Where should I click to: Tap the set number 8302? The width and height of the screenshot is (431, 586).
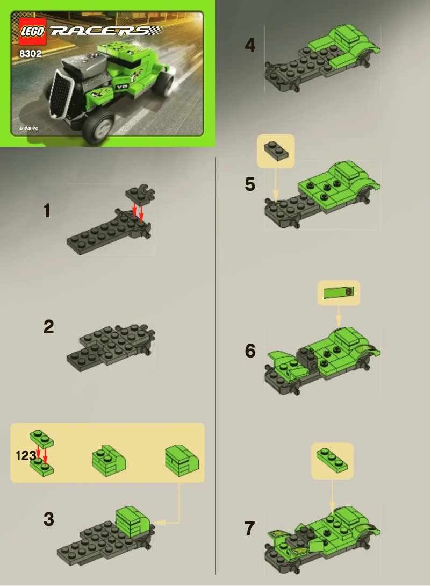[31, 54]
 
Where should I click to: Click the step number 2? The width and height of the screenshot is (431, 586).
[49, 327]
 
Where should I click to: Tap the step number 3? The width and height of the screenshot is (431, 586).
[49, 519]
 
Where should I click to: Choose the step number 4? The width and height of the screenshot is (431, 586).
[250, 45]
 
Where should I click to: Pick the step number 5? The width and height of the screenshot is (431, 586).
[250, 184]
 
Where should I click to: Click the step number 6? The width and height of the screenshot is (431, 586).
[250, 351]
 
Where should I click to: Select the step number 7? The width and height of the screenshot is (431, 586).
[250, 528]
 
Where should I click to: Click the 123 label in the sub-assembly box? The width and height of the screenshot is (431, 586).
[25, 456]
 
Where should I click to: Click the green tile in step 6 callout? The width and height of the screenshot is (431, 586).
[338, 293]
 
